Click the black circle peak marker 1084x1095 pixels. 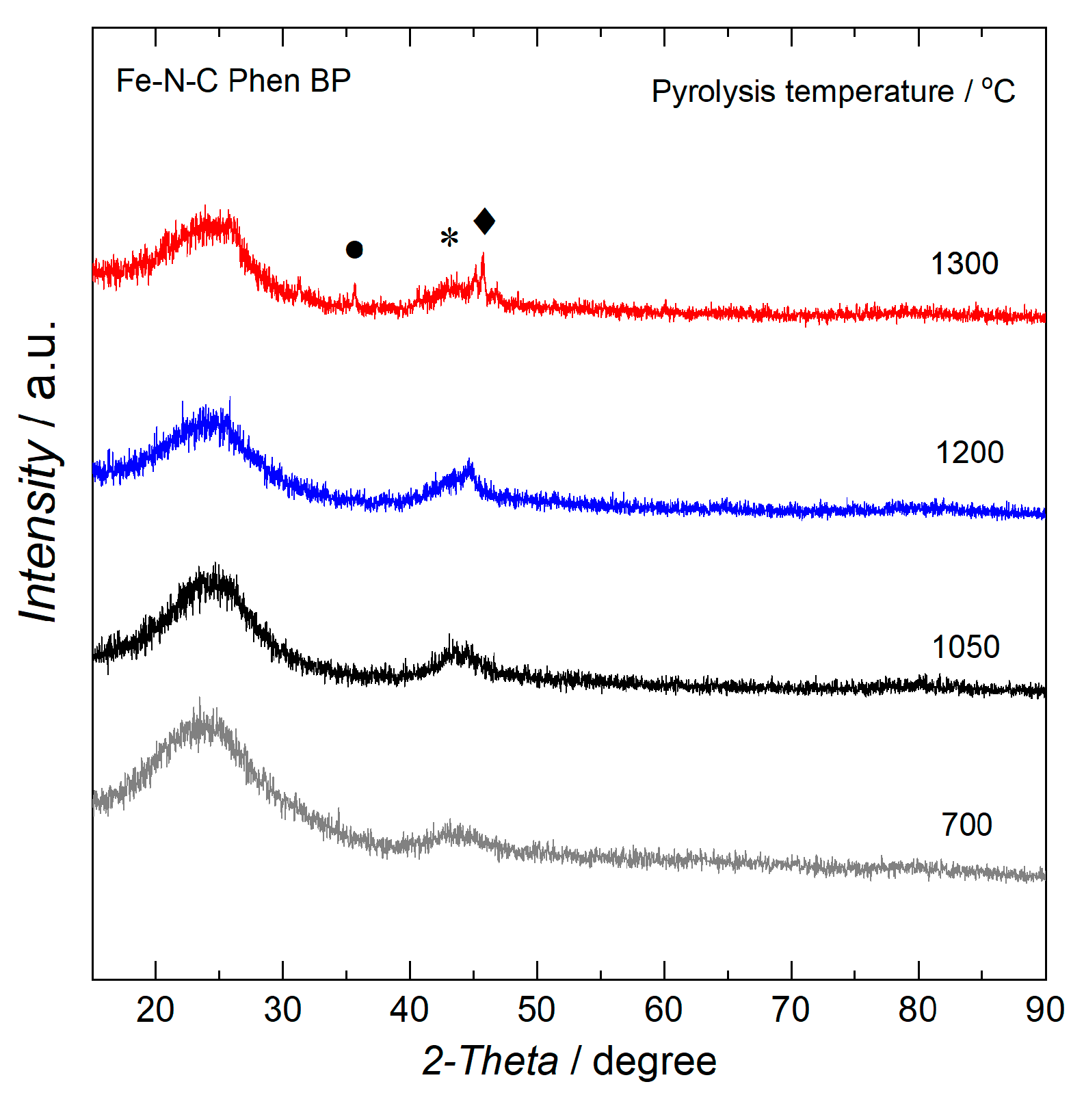(354, 250)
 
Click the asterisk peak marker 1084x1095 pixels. (449, 238)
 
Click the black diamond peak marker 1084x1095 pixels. (484, 221)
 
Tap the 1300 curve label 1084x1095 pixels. (964, 264)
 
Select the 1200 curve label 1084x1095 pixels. (969, 453)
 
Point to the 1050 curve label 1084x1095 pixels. (966, 647)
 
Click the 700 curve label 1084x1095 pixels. (966, 825)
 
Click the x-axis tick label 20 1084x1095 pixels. (155, 1010)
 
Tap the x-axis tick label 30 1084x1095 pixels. (282, 1010)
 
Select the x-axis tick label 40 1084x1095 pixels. (410, 1010)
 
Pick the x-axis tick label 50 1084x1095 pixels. (537, 1010)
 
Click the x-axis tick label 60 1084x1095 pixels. (664, 1010)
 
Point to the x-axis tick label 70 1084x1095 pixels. (791, 1010)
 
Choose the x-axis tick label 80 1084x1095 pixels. (918, 1010)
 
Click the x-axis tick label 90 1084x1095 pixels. (1045, 1010)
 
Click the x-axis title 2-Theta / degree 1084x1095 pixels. (569, 1061)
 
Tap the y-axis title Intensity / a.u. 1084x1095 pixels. (40, 472)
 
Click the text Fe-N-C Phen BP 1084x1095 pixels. (233, 81)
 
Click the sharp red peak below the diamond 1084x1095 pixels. (483, 263)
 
